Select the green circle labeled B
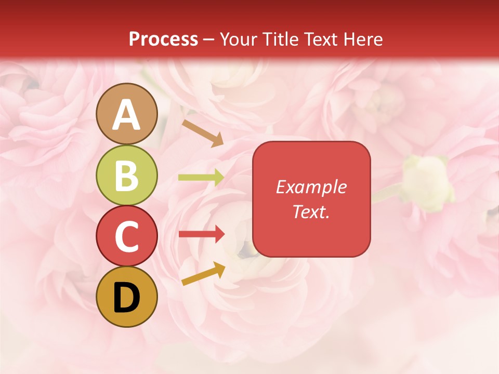[127, 175]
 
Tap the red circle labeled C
[127, 236]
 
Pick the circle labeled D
[127, 297]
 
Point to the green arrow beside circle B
[201, 177]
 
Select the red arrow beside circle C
[201, 234]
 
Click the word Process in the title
[163, 39]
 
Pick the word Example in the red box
[311, 187]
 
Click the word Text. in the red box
[311, 211]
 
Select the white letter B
[127, 176]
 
